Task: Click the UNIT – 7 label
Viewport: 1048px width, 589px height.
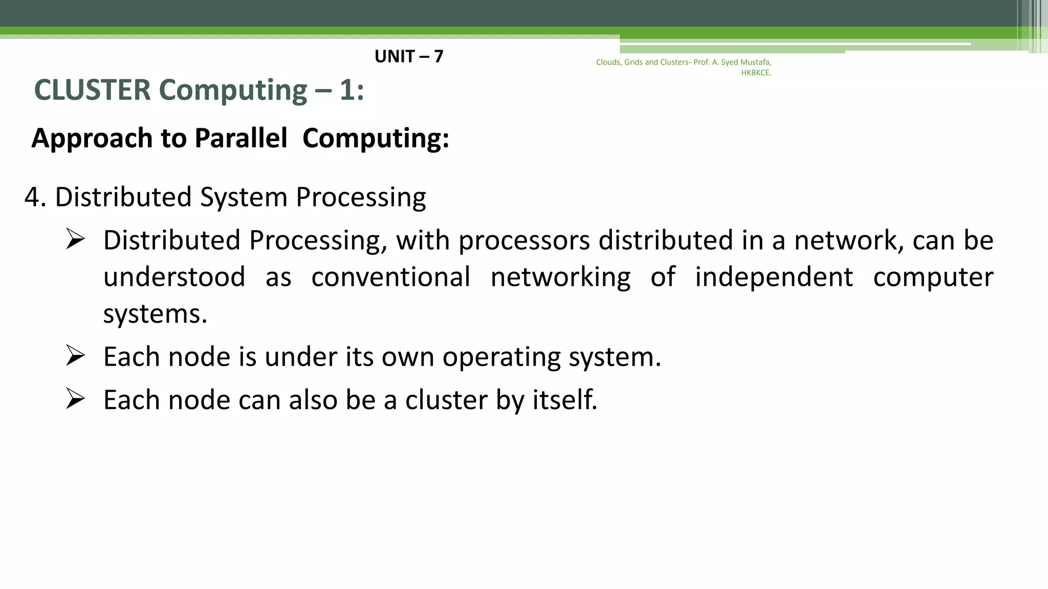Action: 409,56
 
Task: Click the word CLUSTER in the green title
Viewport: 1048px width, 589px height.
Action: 92,90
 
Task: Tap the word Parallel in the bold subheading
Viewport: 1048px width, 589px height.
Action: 241,138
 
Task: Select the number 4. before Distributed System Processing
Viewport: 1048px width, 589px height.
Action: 35,197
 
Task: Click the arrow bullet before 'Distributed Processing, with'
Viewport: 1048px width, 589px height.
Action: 75,239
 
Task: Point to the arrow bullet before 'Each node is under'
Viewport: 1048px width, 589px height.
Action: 75,356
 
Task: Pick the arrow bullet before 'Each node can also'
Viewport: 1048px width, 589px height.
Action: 75,399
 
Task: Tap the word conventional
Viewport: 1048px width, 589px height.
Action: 390,277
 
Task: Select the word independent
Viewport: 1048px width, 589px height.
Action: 774,277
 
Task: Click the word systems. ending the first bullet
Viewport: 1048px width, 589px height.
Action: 155,313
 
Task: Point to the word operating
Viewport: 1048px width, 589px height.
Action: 501,357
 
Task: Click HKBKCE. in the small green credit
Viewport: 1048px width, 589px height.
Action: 756,73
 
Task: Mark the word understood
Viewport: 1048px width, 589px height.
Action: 174,277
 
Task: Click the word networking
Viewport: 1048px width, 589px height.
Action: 560,277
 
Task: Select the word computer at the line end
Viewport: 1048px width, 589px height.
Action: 933,277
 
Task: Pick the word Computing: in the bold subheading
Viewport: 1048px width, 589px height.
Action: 376,138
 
